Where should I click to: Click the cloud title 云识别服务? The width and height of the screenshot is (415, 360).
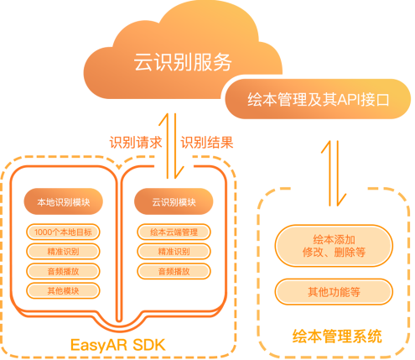click(183, 62)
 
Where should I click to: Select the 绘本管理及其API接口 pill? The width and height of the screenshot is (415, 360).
click(318, 99)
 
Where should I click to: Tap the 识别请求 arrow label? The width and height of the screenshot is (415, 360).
click(136, 143)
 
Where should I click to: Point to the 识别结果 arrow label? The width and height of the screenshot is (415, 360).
click(207, 143)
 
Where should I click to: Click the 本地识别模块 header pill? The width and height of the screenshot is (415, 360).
click(64, 201)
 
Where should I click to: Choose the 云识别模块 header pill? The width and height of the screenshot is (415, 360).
click(174, 201)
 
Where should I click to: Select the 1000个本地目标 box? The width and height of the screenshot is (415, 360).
click(63, 232)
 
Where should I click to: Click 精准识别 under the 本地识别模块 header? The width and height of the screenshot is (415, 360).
click(63, 252)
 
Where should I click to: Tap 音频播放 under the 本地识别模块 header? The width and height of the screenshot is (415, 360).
click(63, 271)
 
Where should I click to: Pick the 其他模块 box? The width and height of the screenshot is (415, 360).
click(63, 291)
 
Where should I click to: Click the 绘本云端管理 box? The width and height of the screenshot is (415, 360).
click(174, 232)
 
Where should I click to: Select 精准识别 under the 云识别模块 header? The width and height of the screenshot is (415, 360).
click(174, 252)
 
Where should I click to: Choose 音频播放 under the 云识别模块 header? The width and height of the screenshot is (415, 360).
click(174, 271)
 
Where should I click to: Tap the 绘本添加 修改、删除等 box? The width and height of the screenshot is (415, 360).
click(334, 246)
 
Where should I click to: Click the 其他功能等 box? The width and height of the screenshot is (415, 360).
click(334, 292)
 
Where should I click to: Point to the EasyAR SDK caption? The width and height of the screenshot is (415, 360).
click(117, 345)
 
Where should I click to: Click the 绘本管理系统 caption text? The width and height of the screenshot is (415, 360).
click(337, 336)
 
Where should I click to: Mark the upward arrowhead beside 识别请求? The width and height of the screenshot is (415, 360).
click(164, 119)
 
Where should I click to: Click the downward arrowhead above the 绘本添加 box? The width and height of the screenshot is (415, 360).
click(341, 200)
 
